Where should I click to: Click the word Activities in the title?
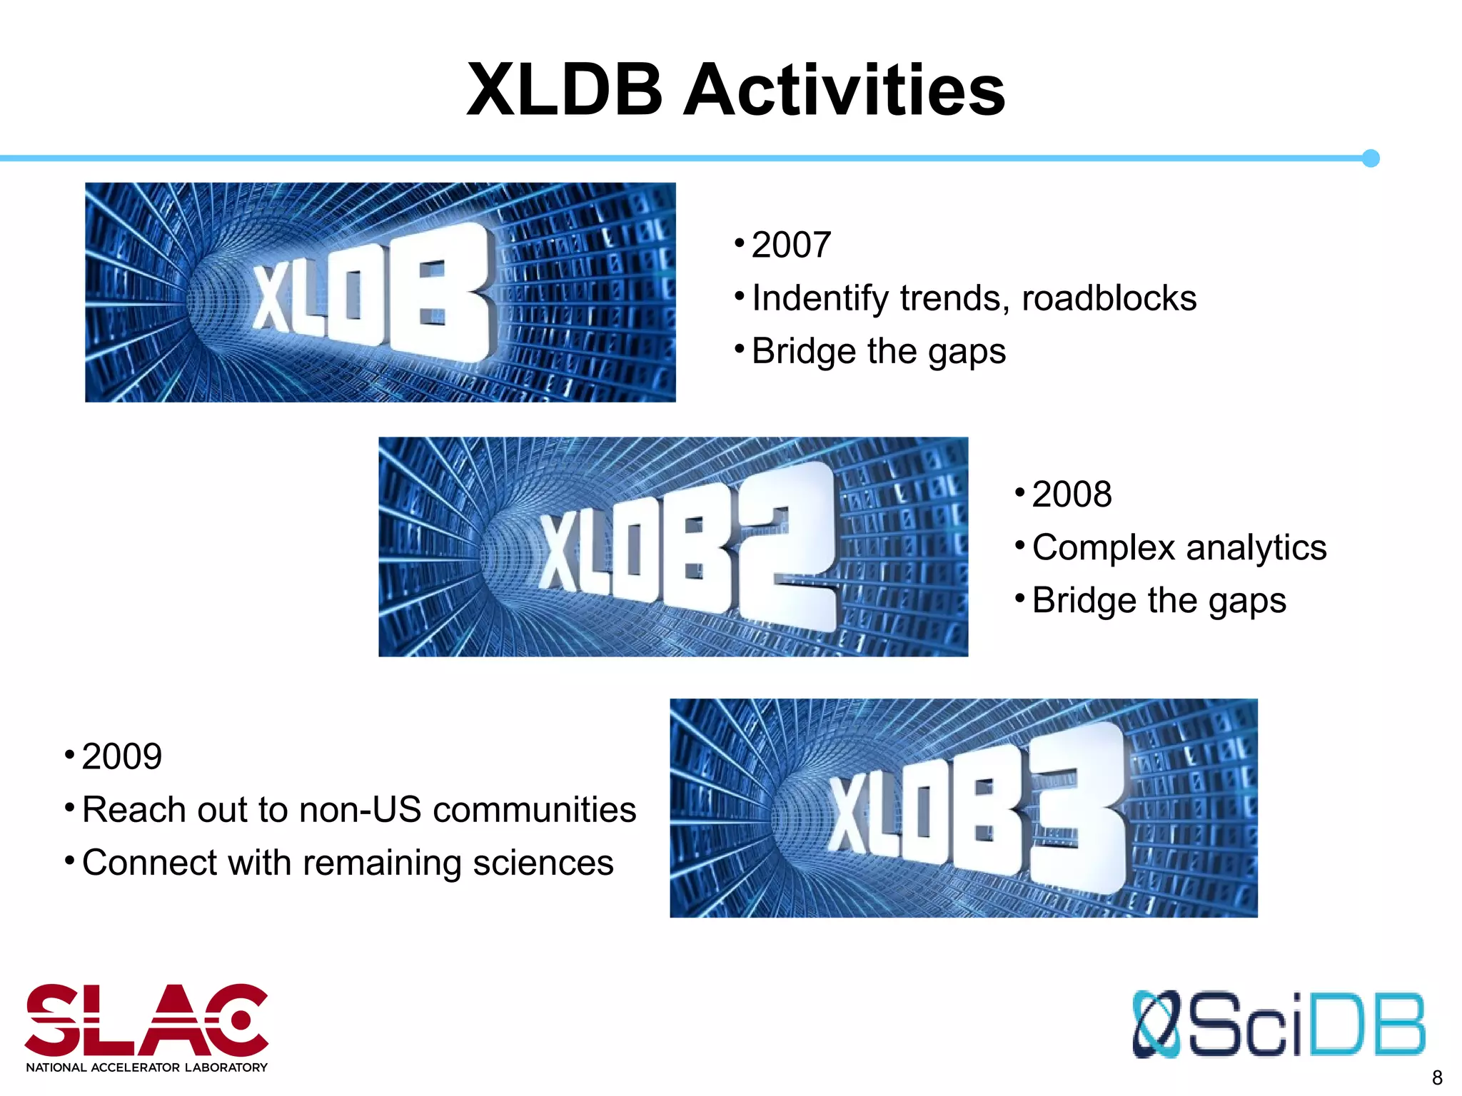(x=845, y=90)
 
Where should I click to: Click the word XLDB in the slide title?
(x=565, y=90)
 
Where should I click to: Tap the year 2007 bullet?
(x=791, y=245)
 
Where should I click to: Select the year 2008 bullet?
(x=1072, y=494)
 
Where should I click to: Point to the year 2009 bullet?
(x=122, y=756)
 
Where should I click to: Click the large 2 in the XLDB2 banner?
(x=785, y=546)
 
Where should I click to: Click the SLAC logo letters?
(x=146, y=1020)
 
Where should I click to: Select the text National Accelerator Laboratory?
(x=146, y=1067)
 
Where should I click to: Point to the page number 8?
(x=1437, y=1077)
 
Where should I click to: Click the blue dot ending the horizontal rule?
(x=1370, y=158)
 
